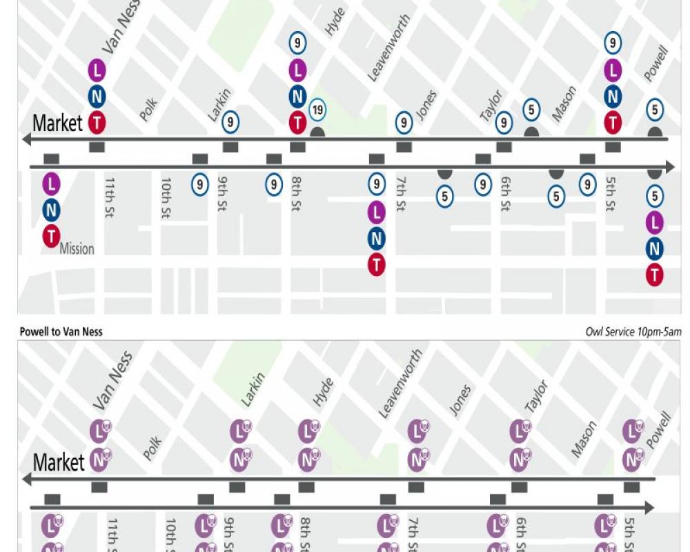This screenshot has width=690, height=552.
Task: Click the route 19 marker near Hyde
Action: (317, 110)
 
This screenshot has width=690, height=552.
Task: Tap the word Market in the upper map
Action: (57, 124)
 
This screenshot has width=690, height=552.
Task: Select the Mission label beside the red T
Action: (77, 248)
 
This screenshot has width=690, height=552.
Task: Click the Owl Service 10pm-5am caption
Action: (633, 332)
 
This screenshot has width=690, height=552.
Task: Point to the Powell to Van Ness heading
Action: (61, 332)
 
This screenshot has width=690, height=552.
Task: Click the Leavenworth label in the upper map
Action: (388, 49)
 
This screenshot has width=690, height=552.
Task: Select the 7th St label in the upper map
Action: (400, 195)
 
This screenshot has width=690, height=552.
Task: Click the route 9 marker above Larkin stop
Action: (231, 122)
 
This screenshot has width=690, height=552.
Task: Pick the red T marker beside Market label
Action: (97, 123)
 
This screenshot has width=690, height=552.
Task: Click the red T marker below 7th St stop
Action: (376, 264)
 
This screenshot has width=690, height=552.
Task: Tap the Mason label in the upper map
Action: (564, 103)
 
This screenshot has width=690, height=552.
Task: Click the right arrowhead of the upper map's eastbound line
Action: (669, 167)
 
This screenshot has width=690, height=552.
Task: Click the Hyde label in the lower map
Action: (323, 392)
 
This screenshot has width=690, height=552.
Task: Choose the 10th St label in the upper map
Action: (166, 197)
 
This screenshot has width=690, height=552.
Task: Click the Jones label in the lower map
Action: (460, 400)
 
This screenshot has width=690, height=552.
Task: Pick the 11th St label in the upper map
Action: (109, 197)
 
